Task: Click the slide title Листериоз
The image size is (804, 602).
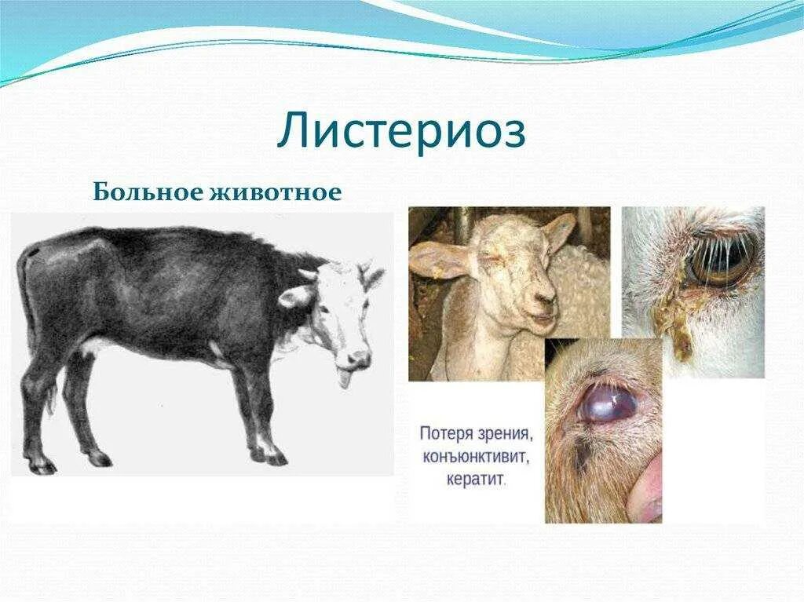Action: point(400,132)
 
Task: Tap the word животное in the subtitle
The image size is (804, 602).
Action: point(275,192)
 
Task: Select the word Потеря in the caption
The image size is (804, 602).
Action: point(445,432)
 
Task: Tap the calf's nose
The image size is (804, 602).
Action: point(359,359)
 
